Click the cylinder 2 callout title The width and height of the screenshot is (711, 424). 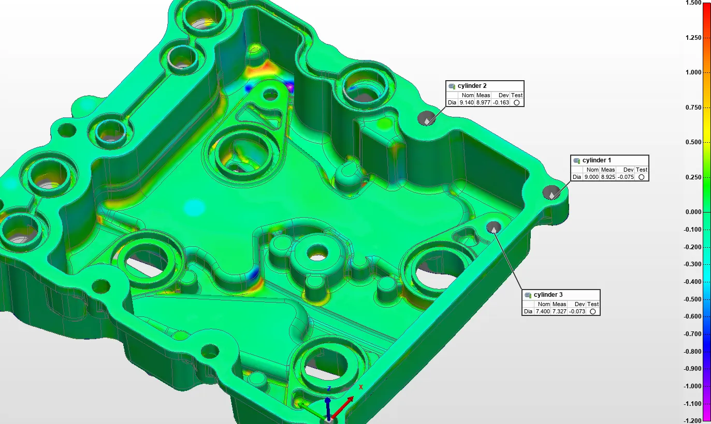point(472,86)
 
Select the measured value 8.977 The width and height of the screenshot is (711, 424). point(483,103)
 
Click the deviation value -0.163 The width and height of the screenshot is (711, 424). point(501,103)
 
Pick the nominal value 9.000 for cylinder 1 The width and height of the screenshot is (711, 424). point(591,177)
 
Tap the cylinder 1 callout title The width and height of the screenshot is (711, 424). point(597,160)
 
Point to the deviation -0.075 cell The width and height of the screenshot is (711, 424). point(626,177)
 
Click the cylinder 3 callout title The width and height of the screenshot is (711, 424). point(548,295)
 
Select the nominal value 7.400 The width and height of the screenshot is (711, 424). point(543,311)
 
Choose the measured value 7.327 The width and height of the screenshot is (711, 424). point(559,311)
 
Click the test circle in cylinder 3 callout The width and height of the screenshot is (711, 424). point(592,311)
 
